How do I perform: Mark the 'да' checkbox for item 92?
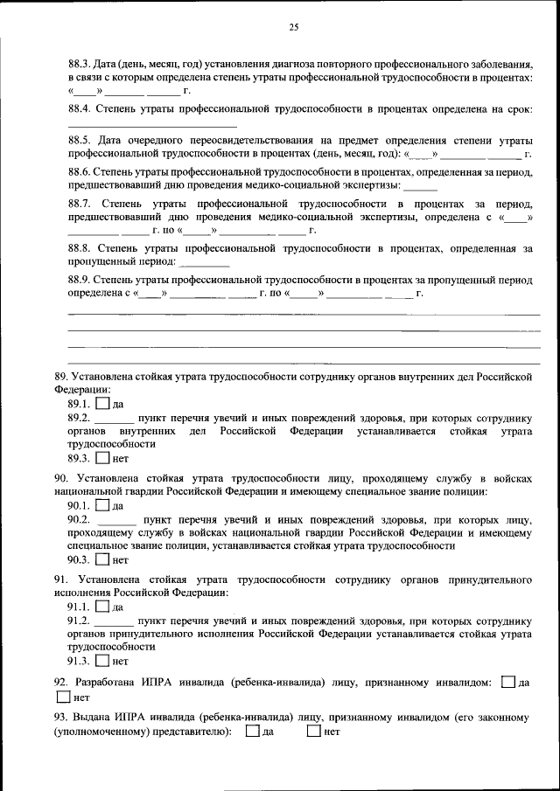pos(509,681)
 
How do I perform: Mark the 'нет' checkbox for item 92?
pos(63,697)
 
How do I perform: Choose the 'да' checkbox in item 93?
pos(253,732)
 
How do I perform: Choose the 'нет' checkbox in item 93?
pos(314,732)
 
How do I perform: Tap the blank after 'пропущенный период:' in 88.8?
pos(205,262)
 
